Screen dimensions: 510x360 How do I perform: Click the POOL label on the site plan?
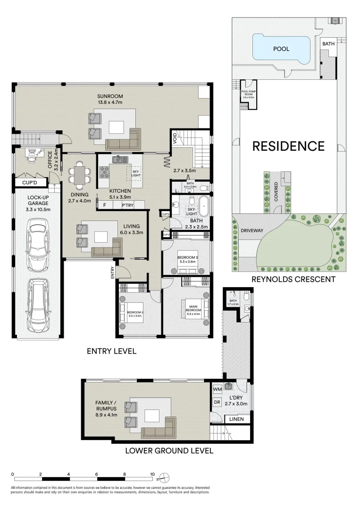point(281,49)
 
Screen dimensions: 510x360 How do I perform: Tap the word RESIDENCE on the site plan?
point(288,146)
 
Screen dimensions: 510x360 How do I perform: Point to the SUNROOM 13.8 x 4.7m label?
point(109,99)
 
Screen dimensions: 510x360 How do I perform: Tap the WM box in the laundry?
point(218,389)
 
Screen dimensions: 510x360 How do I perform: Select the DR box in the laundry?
point(218,403)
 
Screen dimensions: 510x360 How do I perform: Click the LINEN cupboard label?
point(237,419)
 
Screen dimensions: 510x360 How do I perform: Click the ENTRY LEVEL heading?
point(111,351)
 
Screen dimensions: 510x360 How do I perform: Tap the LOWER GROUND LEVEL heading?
point(169,450)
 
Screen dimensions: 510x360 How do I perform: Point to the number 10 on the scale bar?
point(152,474)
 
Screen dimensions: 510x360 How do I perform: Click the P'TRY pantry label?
point(127,205)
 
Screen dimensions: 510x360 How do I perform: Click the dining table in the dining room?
point(78,175)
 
